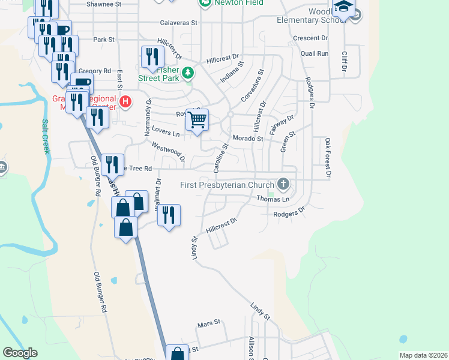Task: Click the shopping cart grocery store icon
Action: coord(197,120)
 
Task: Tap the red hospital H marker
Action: coord(125,101)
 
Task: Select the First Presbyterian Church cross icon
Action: coord(283,184)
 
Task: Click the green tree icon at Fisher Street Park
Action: coord(188,73)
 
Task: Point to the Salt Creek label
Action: coord(46,136)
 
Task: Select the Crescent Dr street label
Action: coord(310,38)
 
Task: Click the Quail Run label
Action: coord(315,53)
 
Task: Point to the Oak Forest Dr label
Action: coord(328,159)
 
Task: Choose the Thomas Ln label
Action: coord(273,199)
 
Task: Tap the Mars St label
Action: coord(209,325)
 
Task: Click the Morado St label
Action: coord(248,139)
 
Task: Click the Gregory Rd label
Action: coord(95,71)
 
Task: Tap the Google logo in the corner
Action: coord(20,353)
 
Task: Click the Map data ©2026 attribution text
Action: coord(423,355)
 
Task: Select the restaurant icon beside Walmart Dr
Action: coord(169,215)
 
